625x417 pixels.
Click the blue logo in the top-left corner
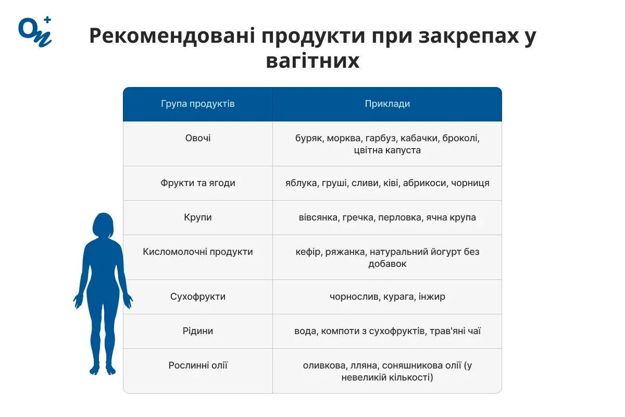(35, 32)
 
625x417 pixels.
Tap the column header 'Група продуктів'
(198, 104)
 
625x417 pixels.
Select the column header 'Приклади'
(387, 104)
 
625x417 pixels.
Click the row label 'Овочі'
(198, 138)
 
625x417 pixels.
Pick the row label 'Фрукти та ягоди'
(198, 183)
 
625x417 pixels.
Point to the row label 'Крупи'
(198, 217)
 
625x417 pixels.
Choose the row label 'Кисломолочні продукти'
(198, 252)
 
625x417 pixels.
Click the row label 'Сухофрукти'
(198, 297)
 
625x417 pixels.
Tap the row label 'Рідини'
(198, 331)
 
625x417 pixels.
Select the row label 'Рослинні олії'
(198, 365)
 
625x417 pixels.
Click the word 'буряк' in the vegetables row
(308, 139)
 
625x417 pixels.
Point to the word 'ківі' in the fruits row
(391, 183)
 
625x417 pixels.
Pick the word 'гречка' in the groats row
(357, 217)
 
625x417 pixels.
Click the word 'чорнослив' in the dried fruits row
(354, 297)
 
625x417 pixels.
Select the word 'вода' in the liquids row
(305, 331)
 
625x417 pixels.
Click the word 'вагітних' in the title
(312, 61)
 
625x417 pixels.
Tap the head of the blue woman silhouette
(103, 224)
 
